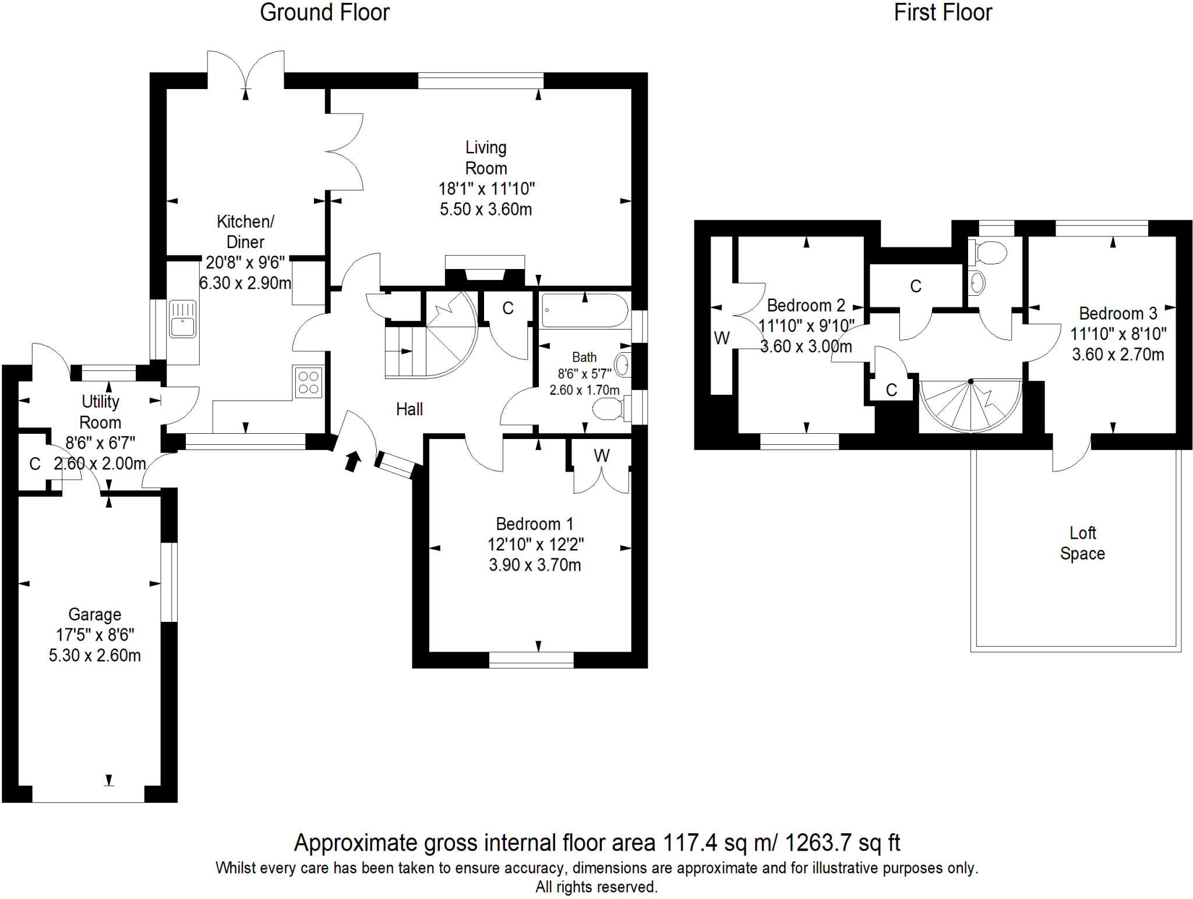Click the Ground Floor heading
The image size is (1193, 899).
(x=324, y=13)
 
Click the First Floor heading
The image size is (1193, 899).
(x=943, y=13)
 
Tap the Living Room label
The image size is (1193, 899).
(x=486, y=158)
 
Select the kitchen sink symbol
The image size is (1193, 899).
(x=183, y=319)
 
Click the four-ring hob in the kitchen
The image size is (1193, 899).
(x=309, y=383)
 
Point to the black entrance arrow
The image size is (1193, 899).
(x=352, y=461)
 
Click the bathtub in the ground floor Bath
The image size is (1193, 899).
(x=584, y=311)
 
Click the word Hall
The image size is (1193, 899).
(x=409, y=409)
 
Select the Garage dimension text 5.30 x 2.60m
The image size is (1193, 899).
(x=94, y=656)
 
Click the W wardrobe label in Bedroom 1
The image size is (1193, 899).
(x=602, y=456)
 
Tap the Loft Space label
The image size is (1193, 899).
(x=1082, y=543)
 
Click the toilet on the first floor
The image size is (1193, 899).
(x=989, y=253)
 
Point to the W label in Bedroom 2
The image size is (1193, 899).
(x=722, y=338)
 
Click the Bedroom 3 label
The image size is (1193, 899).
(x=1118, y=313)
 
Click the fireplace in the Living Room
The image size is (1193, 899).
(x=485, y=271)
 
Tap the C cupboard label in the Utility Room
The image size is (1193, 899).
(x=35, y=464)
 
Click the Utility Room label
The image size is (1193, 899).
(x=100, y=412)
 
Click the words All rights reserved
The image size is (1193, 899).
(x=596, y=887)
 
